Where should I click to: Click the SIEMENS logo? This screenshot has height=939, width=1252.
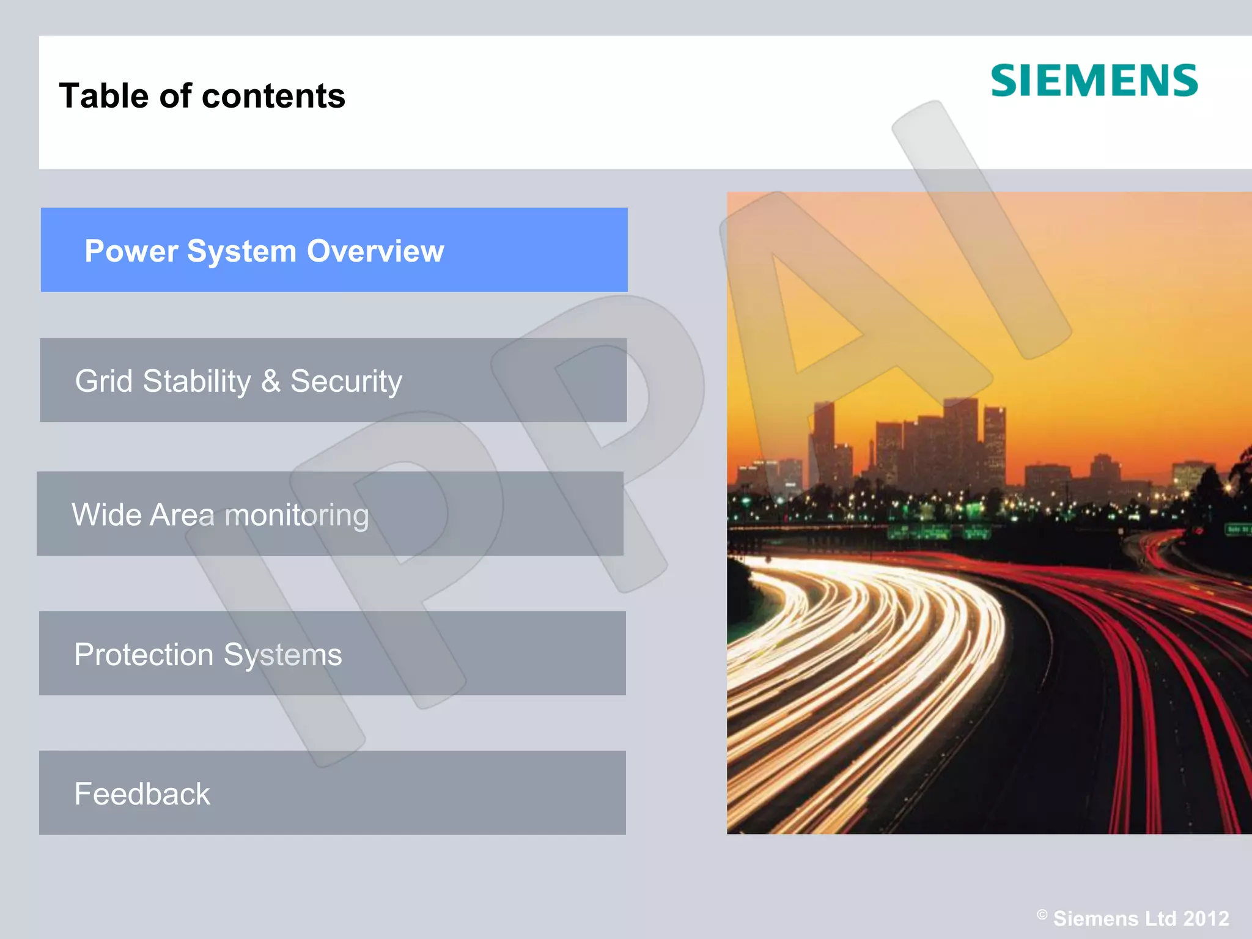point(1094,81)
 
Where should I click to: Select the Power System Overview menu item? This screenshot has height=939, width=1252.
point(334,250)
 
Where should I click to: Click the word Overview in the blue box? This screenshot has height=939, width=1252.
point(375,251)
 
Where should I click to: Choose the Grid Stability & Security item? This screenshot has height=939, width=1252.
point(333,380)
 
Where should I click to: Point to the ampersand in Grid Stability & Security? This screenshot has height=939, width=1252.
point(270,381)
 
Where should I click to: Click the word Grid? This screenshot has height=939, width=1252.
point(103,381)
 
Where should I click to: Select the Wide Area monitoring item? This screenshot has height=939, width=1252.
point(330,514)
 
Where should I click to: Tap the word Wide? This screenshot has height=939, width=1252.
point(106,515)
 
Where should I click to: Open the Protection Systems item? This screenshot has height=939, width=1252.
point(333,653)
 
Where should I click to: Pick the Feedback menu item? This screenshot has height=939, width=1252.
point(333,793)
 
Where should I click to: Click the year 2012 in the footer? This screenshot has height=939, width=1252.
point(1206,919)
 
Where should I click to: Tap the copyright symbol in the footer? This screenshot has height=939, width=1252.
point(1042,915)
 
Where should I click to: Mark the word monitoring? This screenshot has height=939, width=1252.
point(297,516)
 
